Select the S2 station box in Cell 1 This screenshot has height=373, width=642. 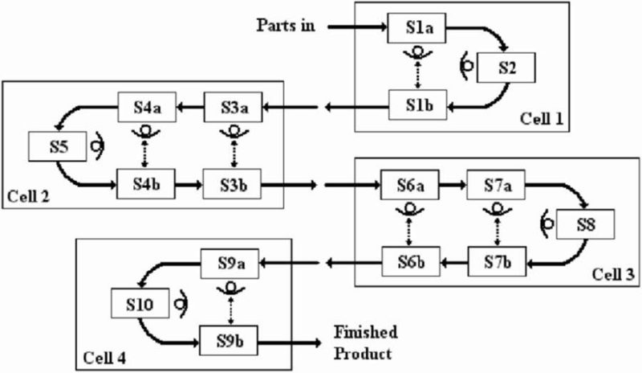pos(506,68)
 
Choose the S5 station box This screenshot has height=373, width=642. pos(49,146)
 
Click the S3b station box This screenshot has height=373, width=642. pos(233,185)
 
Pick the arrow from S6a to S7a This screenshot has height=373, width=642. pos(452,185)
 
